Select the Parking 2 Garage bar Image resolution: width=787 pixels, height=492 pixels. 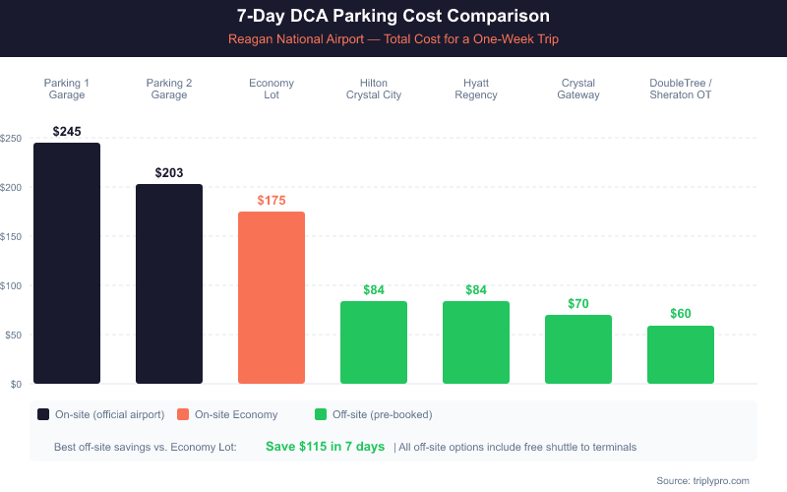point(169,284)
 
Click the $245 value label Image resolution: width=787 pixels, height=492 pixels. point(67,131)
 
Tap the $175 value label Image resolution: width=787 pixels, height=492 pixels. point(272,200)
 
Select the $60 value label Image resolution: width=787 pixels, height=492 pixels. point(681,314)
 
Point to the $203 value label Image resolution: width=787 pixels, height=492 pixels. point(169,172)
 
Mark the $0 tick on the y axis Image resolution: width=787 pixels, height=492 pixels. point(16,384)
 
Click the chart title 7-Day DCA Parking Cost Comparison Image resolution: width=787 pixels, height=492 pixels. point(393,17)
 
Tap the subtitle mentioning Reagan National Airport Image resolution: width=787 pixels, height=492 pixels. point(393,39)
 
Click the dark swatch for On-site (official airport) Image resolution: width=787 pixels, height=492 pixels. point(43,414)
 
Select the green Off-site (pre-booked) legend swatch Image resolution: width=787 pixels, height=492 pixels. point(321,414)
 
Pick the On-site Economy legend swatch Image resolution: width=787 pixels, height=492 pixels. point(183,414)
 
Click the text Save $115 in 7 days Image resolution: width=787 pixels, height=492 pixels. point(325,447)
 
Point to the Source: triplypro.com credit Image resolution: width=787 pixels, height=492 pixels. point(702,480)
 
